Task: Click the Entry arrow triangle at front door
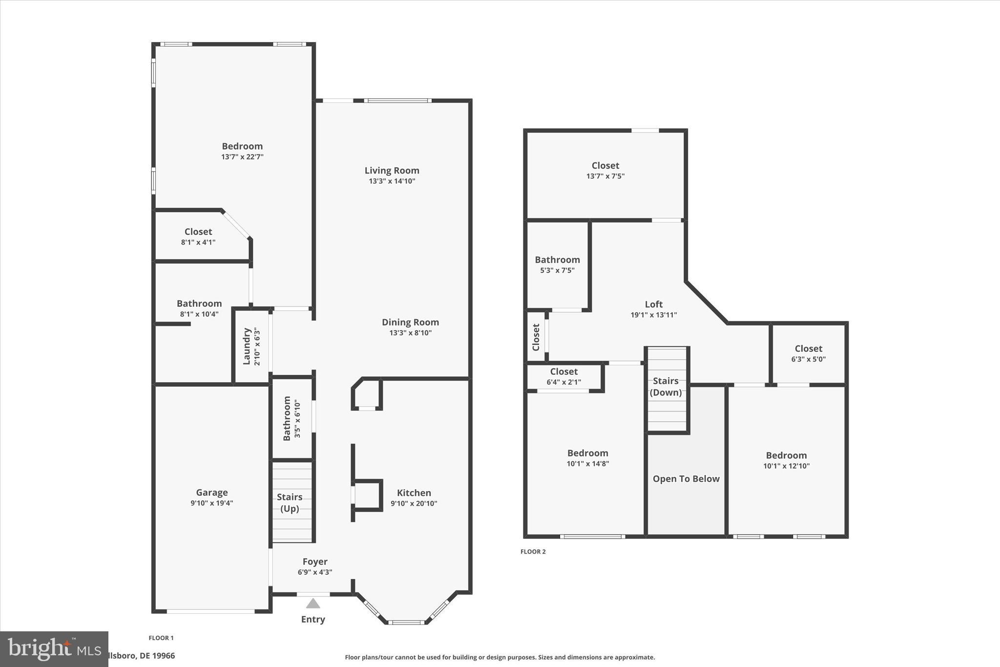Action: pos(313,603)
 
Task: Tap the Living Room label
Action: pos(392,171)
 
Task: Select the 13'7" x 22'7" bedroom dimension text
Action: pos(242,157)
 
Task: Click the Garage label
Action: pos(212,493)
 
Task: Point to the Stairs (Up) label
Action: pos(290,503)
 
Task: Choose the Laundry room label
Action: pos(247,346)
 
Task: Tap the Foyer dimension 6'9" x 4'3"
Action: pos(315,572)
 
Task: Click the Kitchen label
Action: pos(414,493)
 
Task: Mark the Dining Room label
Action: pos(410,322)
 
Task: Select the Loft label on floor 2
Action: pos(653,304)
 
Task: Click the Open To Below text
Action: pos(686,479)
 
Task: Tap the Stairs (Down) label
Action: pos(666,387)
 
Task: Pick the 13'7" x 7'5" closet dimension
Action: pos(605,176)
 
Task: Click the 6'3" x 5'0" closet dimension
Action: pos(808,359)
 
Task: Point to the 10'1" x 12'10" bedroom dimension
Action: pos(786,466)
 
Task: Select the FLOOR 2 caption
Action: pos(533,552)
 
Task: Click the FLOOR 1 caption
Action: pos(161,638)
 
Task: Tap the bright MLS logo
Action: pos(54,649)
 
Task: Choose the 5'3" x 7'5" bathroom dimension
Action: pos(557,270)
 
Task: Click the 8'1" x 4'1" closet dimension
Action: pos(198,242)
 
